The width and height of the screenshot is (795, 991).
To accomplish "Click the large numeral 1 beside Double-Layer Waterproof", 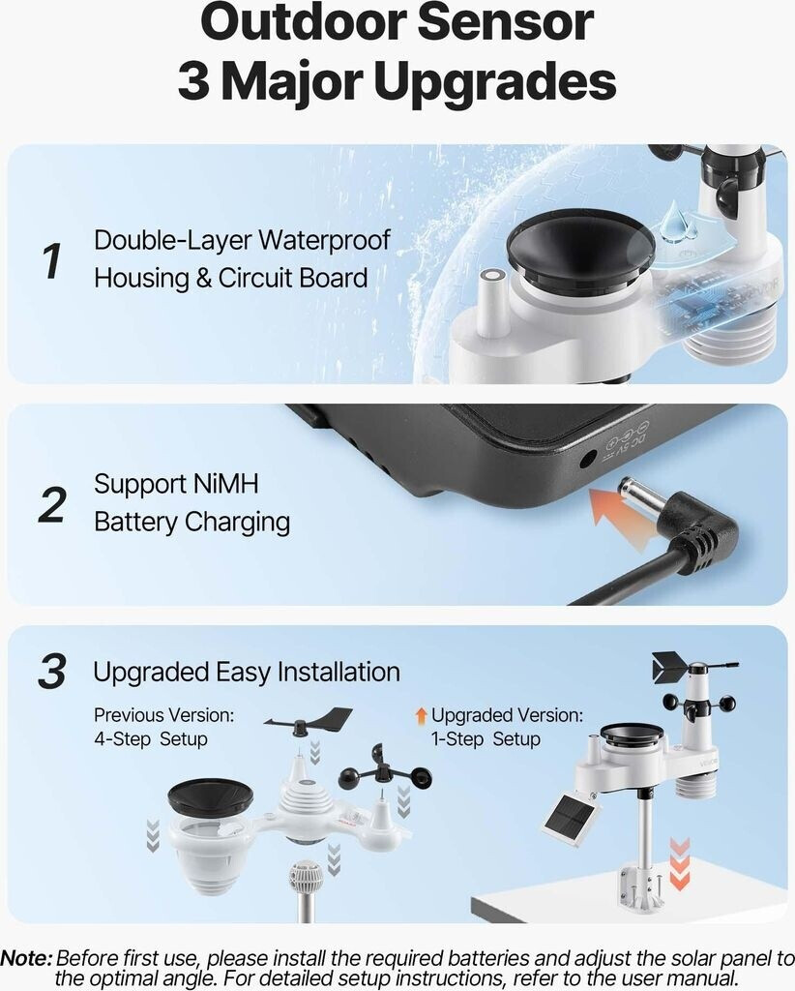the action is click(x=53, y=260).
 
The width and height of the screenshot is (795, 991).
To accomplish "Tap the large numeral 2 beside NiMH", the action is click(x=52, y=504).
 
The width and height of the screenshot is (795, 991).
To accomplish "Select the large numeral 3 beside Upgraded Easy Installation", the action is click(x=52, y=671).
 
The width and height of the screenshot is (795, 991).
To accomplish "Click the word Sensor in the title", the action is click(x=505, y=24).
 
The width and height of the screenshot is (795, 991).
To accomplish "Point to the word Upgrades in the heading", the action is click(x=494, y=81).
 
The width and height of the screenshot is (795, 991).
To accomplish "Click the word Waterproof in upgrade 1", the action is click(x=325, y=240).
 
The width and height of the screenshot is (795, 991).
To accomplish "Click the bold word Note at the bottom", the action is click(x=26, y=958).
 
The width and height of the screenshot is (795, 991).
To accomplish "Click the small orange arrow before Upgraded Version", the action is click(x=421, y=715).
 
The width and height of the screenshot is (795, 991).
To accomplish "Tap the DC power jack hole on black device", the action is click(x=588, y=458).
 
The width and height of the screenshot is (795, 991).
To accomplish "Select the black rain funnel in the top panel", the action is click(x=580, y=247).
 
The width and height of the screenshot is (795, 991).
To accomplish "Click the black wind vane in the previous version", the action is click(x=309, y=720).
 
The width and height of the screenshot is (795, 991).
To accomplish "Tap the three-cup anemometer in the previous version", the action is click(x=385, y=769).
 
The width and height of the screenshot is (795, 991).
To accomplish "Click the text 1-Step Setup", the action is click(x=486, y=738).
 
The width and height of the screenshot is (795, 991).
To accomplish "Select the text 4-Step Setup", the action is click(x=150, y=738).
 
